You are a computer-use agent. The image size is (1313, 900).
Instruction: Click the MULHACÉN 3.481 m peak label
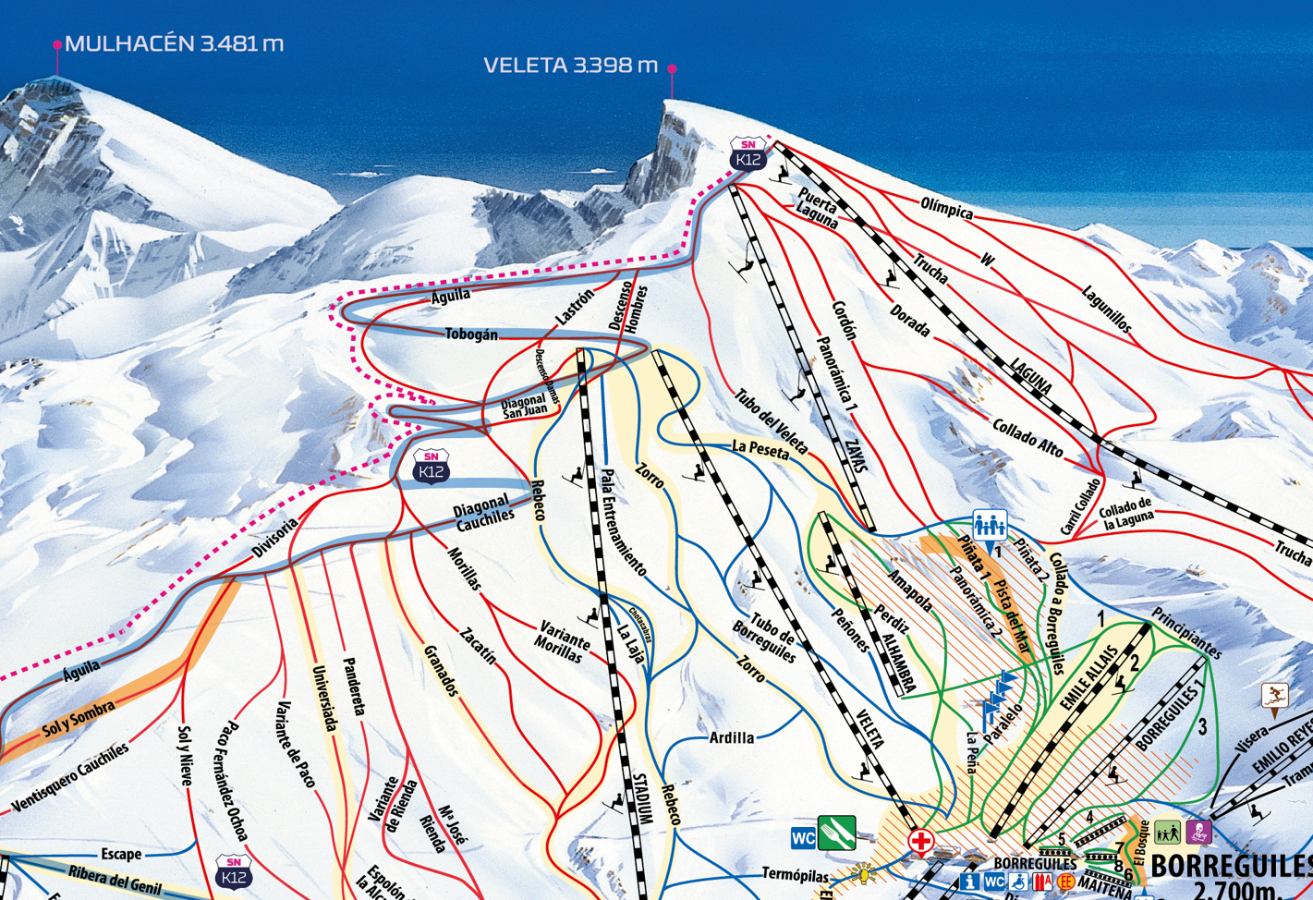[174, 43]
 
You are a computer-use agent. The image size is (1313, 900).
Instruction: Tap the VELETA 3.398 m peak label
[570, 66]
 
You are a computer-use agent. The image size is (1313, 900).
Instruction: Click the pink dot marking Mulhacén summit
[57, 44]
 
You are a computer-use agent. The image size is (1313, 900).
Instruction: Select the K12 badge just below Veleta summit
[748, 154]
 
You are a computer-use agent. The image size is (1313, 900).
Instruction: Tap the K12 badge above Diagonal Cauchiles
[431, 467]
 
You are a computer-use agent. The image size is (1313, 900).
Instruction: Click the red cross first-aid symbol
[920, 841]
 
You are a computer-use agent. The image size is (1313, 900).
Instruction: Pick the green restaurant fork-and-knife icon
[836, 833]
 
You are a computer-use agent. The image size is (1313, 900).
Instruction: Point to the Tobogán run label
[471, 334]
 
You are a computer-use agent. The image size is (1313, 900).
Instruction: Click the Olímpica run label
[947, 208]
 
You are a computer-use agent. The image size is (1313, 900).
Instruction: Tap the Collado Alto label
[1027, 437]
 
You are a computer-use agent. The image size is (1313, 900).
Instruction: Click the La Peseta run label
[760, 449]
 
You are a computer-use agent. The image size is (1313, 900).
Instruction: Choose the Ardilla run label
[732, 737]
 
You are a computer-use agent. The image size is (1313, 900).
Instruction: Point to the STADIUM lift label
[644, 793]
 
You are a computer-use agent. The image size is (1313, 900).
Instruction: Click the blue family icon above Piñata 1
[989, 526]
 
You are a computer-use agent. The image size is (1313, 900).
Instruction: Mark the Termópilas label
[796, 873]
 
